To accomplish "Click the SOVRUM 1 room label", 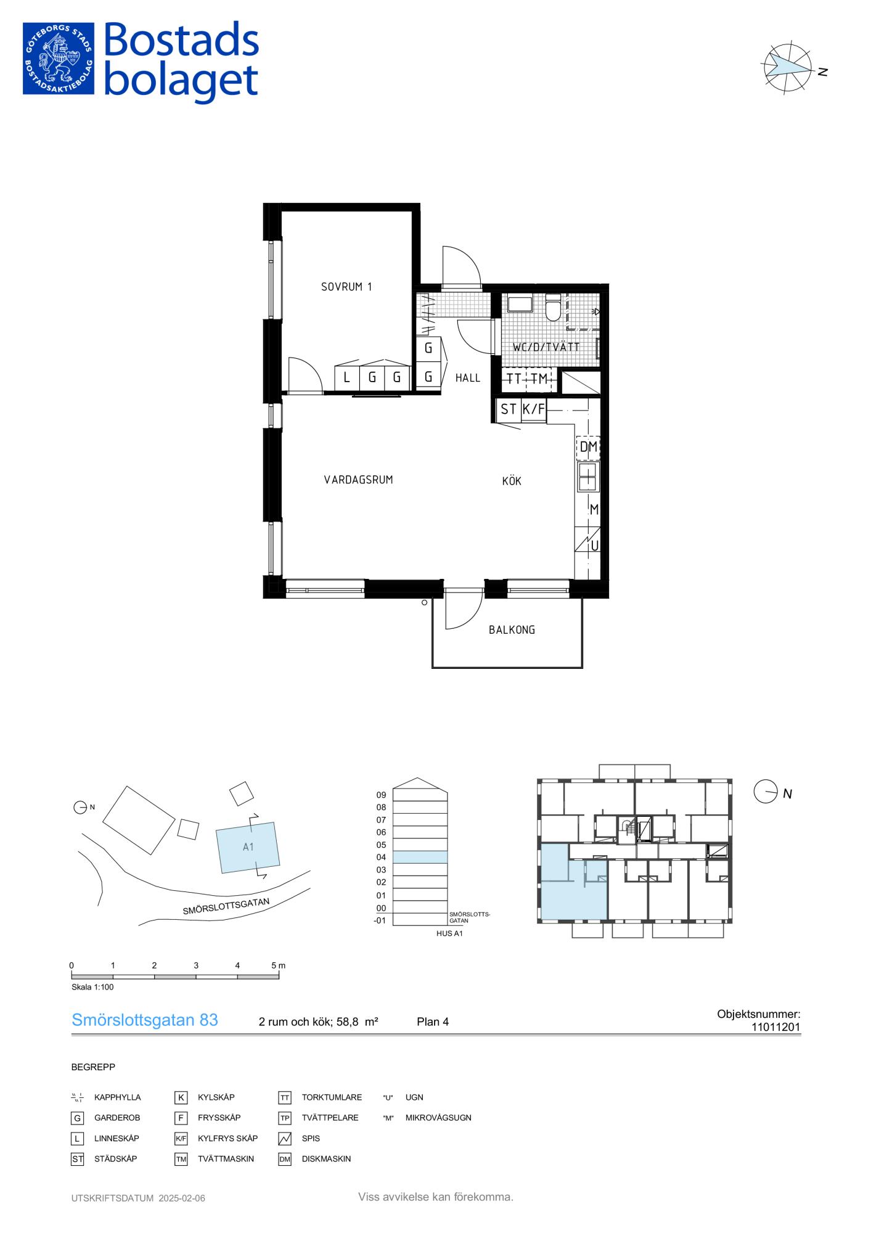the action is point(346,287).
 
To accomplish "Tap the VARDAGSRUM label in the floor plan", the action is point(358,480).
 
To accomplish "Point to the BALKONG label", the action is point(512,630).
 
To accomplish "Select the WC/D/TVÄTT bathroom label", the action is point(546,347).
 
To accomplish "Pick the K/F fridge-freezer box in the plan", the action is point(534,409).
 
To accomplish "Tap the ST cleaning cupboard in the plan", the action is point(509,409).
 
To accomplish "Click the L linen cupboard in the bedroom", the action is point(347,377).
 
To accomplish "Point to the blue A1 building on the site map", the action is point(248,847).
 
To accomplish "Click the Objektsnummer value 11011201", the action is point(775,1027).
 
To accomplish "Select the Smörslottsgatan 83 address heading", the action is point(145,1020).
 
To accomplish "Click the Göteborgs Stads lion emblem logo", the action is point(59,59).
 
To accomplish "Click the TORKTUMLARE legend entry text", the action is point(332,1097).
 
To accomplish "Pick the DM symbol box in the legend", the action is point(285,1159).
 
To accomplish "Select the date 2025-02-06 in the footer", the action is point(182,1198).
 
